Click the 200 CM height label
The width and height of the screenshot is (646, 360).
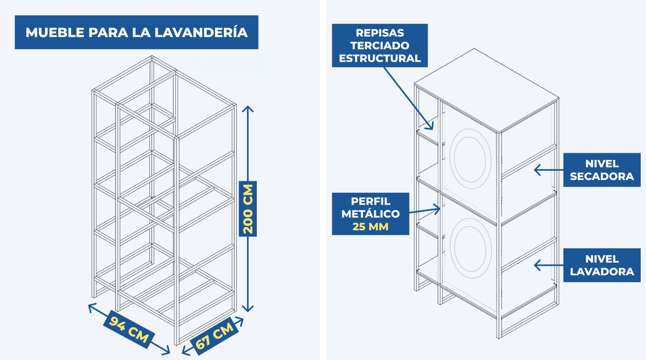click(248, 209)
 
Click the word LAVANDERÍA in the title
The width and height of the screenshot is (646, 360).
click(201, 32)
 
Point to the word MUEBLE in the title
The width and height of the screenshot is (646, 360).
click(55, 33)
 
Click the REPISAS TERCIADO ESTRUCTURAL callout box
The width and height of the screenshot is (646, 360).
click(380, 46)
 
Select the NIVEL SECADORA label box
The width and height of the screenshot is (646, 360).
click(602, 170)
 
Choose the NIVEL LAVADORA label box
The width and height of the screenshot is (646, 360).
click(602, 265)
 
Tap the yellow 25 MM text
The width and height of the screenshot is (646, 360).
click(370, 226)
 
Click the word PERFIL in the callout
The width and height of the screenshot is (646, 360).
click(371, 201)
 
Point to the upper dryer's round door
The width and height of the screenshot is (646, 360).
click(470, 159)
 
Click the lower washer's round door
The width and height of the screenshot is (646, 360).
click(470, 248)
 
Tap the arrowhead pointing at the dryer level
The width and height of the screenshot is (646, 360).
click(537, 170)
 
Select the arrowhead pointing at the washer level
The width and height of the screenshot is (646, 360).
click(537, 265)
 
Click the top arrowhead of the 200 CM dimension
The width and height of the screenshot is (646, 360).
click(248, 109)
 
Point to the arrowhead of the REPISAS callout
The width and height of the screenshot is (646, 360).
click(430, 126)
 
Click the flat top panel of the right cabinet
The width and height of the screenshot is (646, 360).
click(487, 90)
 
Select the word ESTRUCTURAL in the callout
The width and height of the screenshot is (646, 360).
click(380, 58)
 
